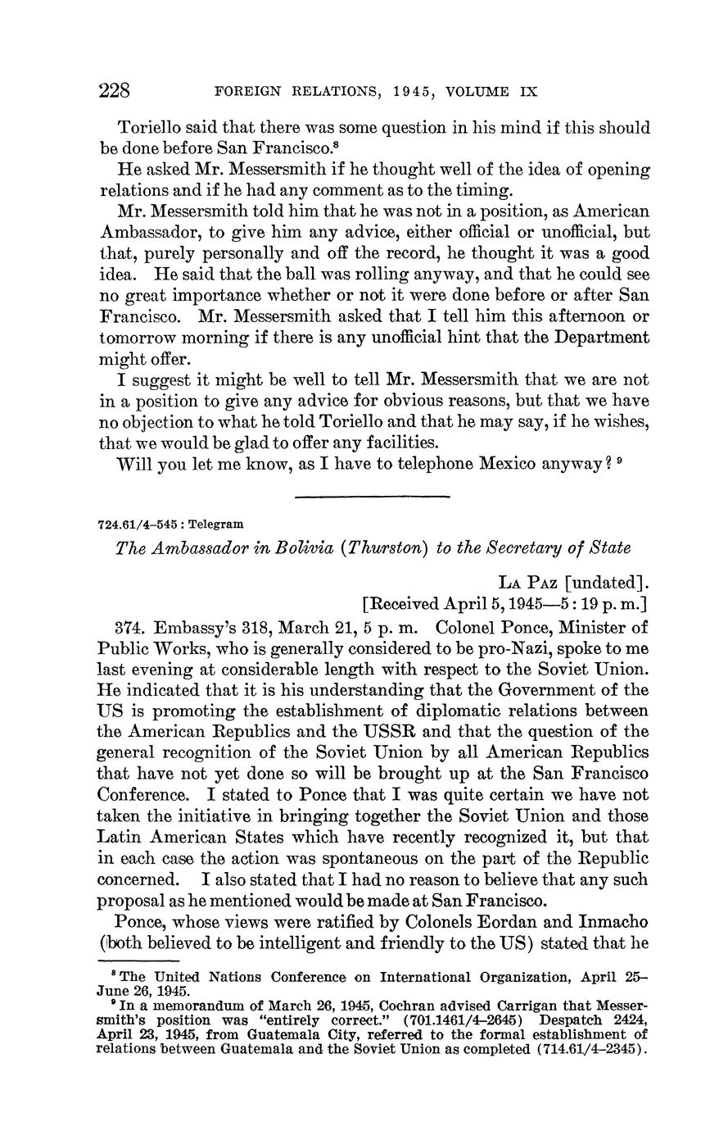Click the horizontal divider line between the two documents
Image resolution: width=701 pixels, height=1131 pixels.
(372, 496)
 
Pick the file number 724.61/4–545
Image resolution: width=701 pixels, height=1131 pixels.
(133, 524)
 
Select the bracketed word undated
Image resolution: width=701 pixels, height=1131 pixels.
(605, 583)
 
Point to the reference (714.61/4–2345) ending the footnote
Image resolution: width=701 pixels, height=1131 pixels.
(597, 1047)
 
